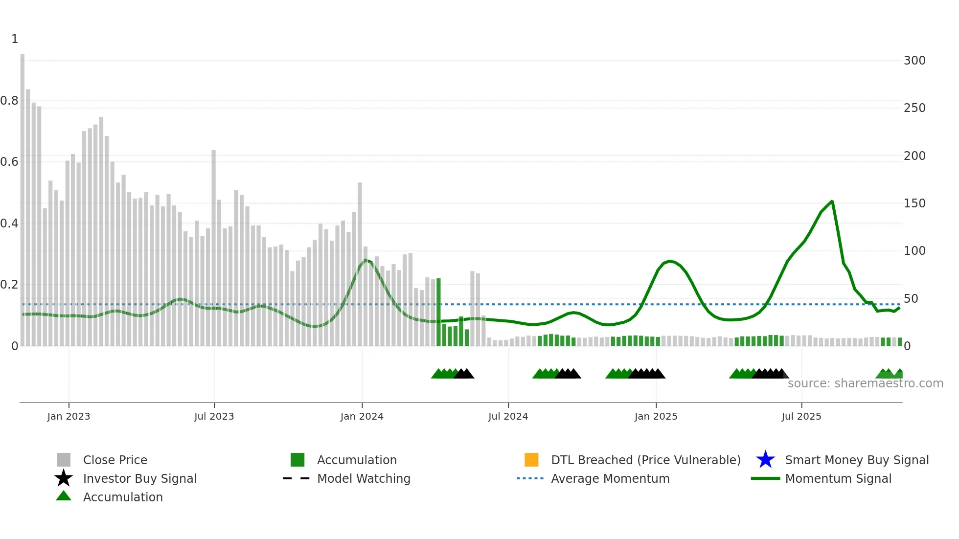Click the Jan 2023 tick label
click(68, 416)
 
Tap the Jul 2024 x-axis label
click(508, 416)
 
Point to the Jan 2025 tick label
click(656, 416)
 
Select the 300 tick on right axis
click(914, 61)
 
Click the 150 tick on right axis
click(914, 203)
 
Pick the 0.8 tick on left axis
click(9, 101)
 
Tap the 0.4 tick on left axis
click(9, 224)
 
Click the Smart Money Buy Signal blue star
click(765, 460)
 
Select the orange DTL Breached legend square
click(531, 460)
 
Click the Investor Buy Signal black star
click(64, 478)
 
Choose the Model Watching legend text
click(364, 478)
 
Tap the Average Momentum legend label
click(610, 478)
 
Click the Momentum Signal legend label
click(838, 478)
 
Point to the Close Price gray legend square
click(64, 460)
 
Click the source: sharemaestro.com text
click(865, 383)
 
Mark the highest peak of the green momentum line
click(832, 202)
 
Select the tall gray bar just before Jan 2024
click(360, 264)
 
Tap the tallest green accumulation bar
click(438, 312)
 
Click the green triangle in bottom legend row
click(64, 496)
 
